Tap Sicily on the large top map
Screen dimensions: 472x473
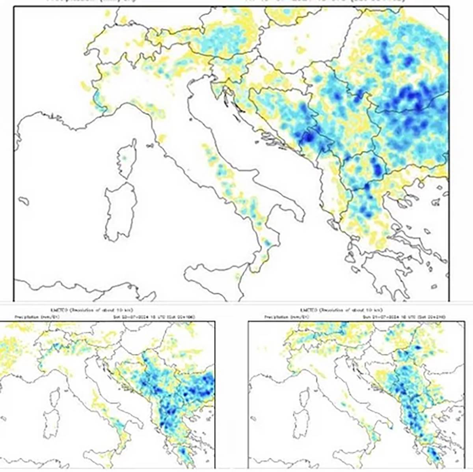(215, 278)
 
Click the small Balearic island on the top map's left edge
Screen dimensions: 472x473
(24, 201)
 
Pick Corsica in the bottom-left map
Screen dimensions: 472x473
(56, 396)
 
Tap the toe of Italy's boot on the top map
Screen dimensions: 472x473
(262, 256)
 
